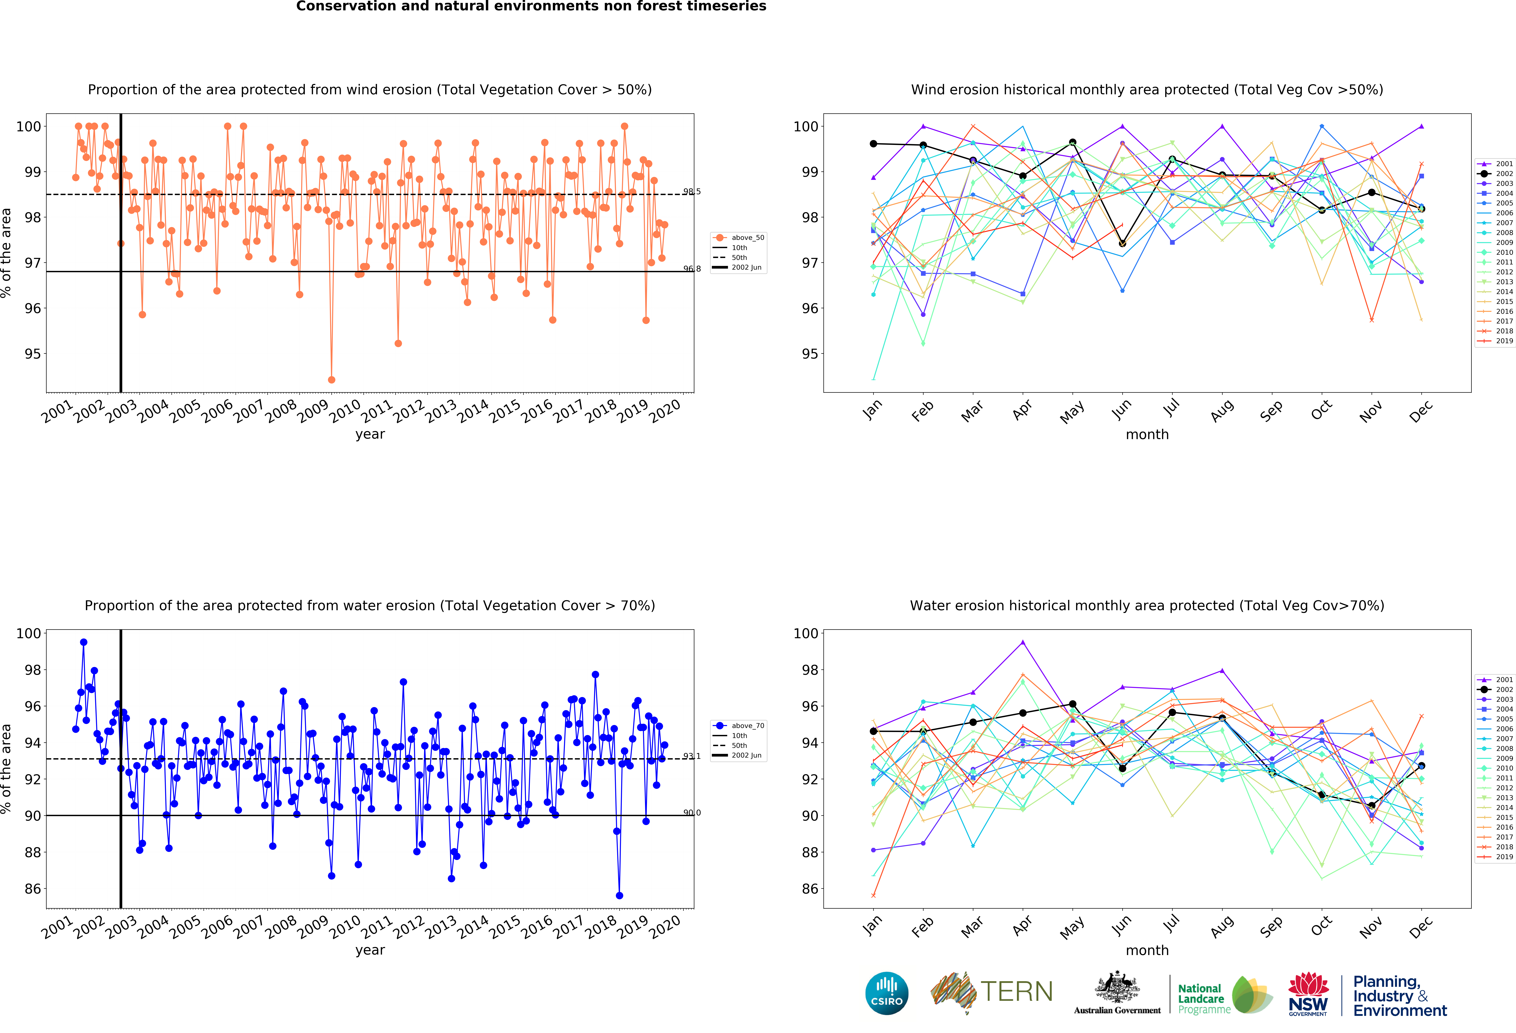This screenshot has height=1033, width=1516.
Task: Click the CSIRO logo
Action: [887, 993]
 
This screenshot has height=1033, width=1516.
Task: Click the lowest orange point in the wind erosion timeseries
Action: [331, 380]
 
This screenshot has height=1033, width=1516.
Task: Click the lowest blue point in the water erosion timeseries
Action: [619, 895]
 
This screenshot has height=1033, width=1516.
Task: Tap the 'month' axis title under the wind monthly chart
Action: [1147, 434]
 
